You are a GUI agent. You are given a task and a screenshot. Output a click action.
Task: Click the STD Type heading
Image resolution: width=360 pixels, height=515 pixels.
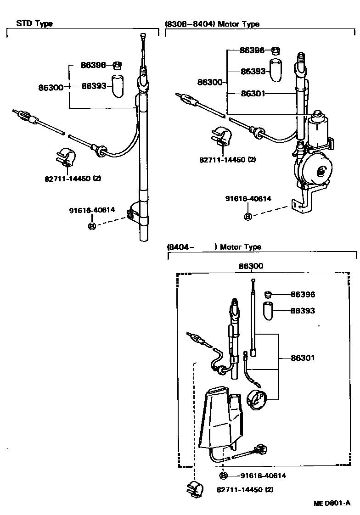34,23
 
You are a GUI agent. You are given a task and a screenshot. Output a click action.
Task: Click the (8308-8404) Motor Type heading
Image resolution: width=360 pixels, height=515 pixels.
212,24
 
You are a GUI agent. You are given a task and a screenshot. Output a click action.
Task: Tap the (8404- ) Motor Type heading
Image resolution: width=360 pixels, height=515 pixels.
214,247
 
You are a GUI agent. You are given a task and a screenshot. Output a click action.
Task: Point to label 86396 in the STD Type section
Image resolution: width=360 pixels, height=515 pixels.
93,65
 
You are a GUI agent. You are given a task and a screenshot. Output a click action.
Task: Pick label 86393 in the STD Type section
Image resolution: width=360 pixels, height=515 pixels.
94,86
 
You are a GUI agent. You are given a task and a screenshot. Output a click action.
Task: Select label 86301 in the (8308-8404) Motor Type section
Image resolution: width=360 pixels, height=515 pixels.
253,94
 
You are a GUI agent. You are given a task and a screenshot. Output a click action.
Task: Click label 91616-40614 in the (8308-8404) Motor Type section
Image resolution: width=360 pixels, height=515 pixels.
248,199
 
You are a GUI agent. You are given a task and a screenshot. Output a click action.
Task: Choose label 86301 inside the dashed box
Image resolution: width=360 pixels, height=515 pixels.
303,358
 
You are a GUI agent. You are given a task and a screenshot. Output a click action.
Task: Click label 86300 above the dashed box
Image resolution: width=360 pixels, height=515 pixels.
251,266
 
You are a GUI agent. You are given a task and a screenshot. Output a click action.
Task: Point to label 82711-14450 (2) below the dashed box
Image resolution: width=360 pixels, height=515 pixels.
245,489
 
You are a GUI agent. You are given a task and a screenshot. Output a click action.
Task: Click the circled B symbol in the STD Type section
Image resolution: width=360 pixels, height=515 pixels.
91,226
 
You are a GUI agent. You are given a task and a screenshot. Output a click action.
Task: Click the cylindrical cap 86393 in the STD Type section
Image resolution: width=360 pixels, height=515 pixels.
118,85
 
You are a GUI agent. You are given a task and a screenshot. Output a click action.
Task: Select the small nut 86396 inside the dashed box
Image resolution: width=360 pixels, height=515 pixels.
268,294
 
